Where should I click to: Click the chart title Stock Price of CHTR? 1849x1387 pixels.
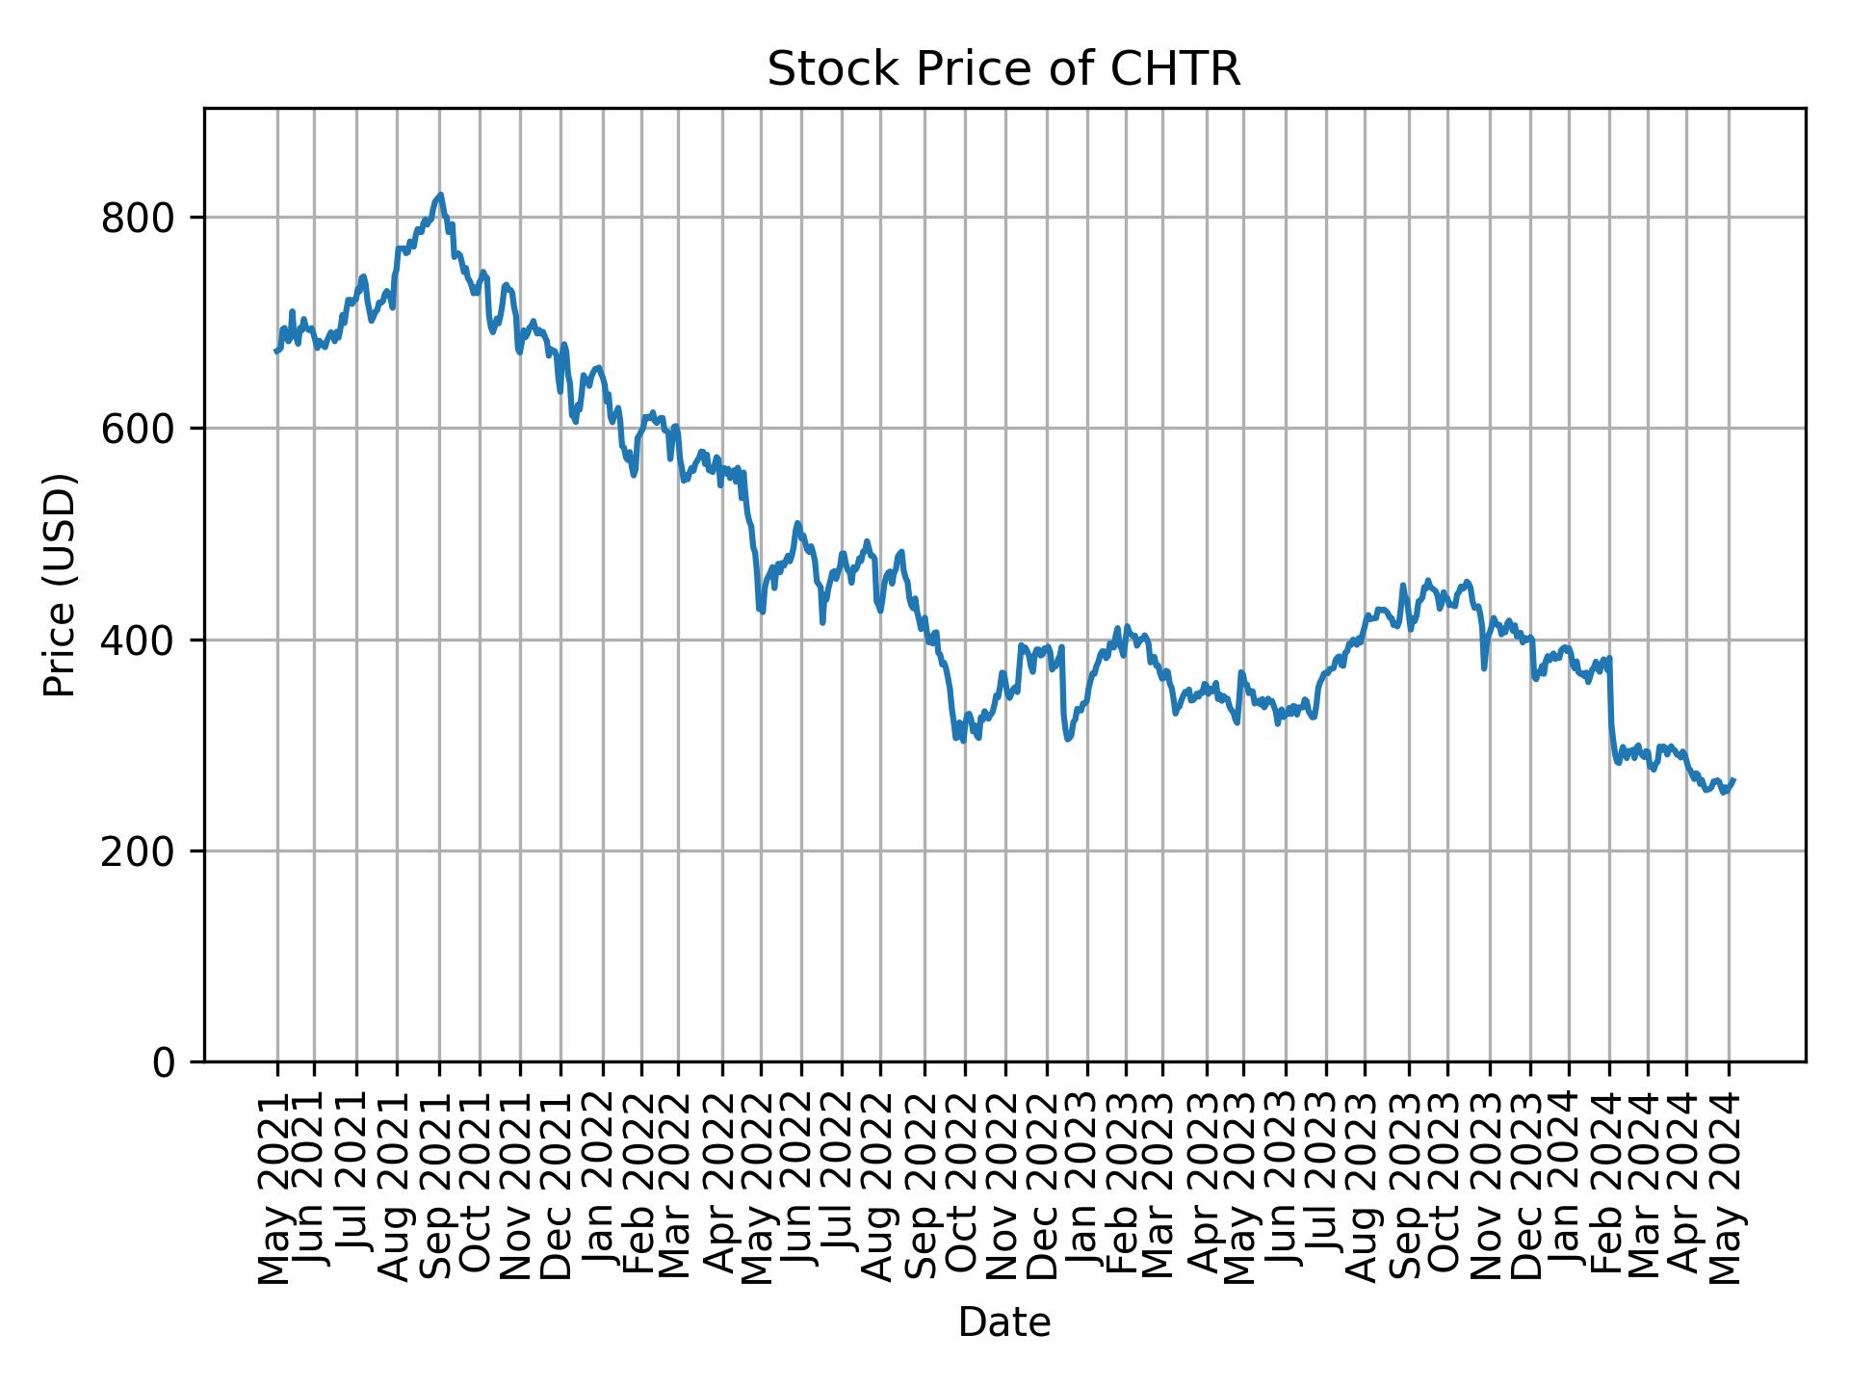(1003, 69)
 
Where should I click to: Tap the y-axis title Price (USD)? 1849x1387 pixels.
(60, 585)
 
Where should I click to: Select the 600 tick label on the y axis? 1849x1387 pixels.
(144, 430)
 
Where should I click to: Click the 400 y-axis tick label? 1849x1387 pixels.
(144, 641)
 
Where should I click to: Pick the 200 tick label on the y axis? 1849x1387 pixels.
(144, 851)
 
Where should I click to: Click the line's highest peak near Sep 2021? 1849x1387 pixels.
(440, 195)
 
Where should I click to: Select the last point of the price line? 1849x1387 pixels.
(1733, 780)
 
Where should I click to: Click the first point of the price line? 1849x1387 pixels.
(276, 352)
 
